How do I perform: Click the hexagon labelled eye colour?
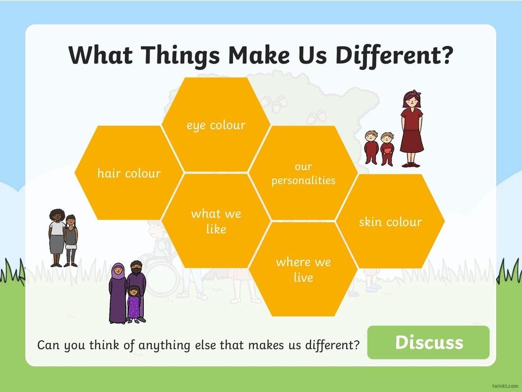216,125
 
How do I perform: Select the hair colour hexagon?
129,173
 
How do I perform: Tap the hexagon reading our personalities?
303,173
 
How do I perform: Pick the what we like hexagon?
216,220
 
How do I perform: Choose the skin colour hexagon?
390,221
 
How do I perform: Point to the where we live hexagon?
303,269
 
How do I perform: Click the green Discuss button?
429,343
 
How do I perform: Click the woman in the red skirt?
412,129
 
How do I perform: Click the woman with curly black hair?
57,238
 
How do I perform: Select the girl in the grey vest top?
71,241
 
